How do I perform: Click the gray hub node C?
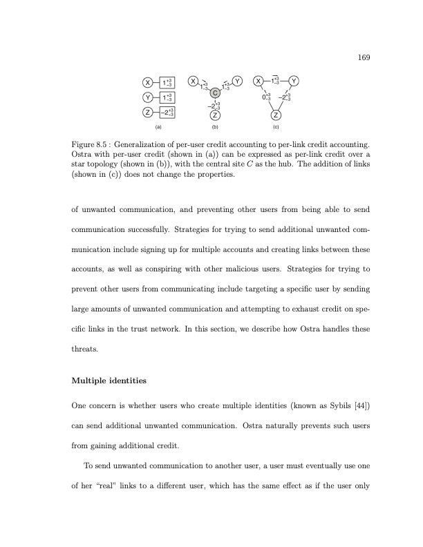click(215, 93)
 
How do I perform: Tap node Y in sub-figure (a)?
click(148, 97)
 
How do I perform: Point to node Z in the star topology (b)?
click(215, 115)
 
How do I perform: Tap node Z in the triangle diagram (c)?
click(276, 115)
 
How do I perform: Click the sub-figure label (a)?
click(158, 127)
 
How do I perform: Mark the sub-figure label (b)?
click(215, 127)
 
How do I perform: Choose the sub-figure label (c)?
click(276, 127)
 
